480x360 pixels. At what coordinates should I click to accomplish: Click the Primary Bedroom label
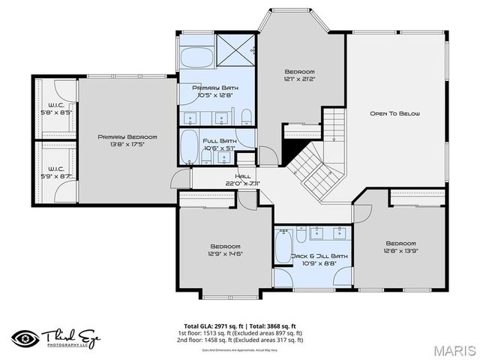click(x=127, y=137)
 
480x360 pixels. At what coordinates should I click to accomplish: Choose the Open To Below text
click(x=394, y=114)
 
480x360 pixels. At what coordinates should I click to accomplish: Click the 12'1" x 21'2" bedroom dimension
click(x=299, y=79)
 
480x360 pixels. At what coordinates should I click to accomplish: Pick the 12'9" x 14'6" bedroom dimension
click(x=226, y=253)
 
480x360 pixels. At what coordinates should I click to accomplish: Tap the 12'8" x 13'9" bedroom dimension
click(x=400, y=250)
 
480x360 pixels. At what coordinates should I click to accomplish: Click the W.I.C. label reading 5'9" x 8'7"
click(x=55, y=175)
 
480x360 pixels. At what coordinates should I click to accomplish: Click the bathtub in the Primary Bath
click(x=197, y=57)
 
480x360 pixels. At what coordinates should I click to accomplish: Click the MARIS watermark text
click(x=453, y=349)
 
